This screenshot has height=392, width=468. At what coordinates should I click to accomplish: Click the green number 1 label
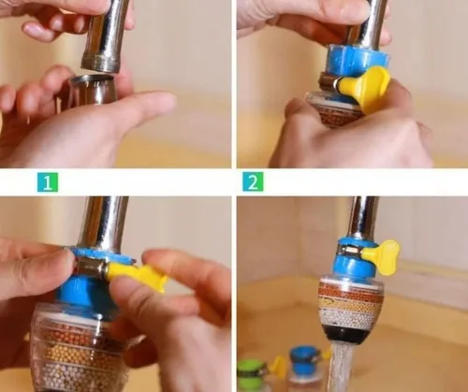(48, 182)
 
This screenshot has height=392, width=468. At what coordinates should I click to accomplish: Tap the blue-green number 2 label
(253, 181)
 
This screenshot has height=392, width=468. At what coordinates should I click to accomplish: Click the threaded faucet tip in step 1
(100, 63)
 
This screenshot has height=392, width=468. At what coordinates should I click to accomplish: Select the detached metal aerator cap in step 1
(92, 92)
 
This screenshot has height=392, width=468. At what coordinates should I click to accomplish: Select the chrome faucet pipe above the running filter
(363, 217)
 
